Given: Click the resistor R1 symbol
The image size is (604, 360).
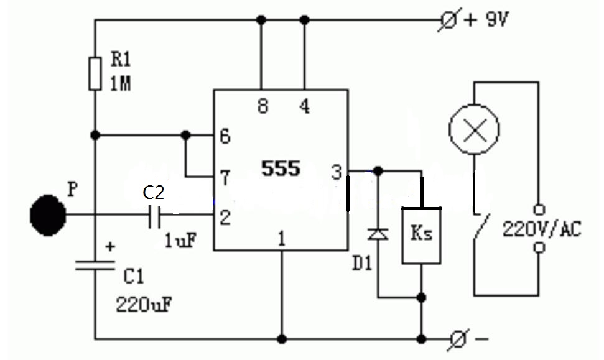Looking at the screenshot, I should click(x=95, y=73).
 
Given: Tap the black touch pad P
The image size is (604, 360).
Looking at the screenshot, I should click(x=47, y=215).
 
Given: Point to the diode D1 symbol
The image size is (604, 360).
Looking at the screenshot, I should click(x=378, y=234).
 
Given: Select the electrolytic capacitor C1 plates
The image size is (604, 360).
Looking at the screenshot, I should click(x=95, y=265).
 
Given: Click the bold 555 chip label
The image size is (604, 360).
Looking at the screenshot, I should click(x=281, y=168).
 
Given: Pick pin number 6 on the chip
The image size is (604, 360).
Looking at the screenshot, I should click(x=225, y=136).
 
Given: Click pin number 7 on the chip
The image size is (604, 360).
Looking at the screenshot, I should click(x=225, y=178).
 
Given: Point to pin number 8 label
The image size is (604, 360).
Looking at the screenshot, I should click(x=262, y=106).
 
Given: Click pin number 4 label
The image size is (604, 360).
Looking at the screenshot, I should click(x=304, y=106).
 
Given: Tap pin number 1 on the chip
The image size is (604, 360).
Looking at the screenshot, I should click(x=282, y=238).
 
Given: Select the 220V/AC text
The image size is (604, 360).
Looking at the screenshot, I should click(x=542, y=229).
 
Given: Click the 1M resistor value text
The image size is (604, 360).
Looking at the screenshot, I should click(x=121, y=83).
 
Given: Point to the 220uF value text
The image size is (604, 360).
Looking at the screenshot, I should click(x=143, y=305).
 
